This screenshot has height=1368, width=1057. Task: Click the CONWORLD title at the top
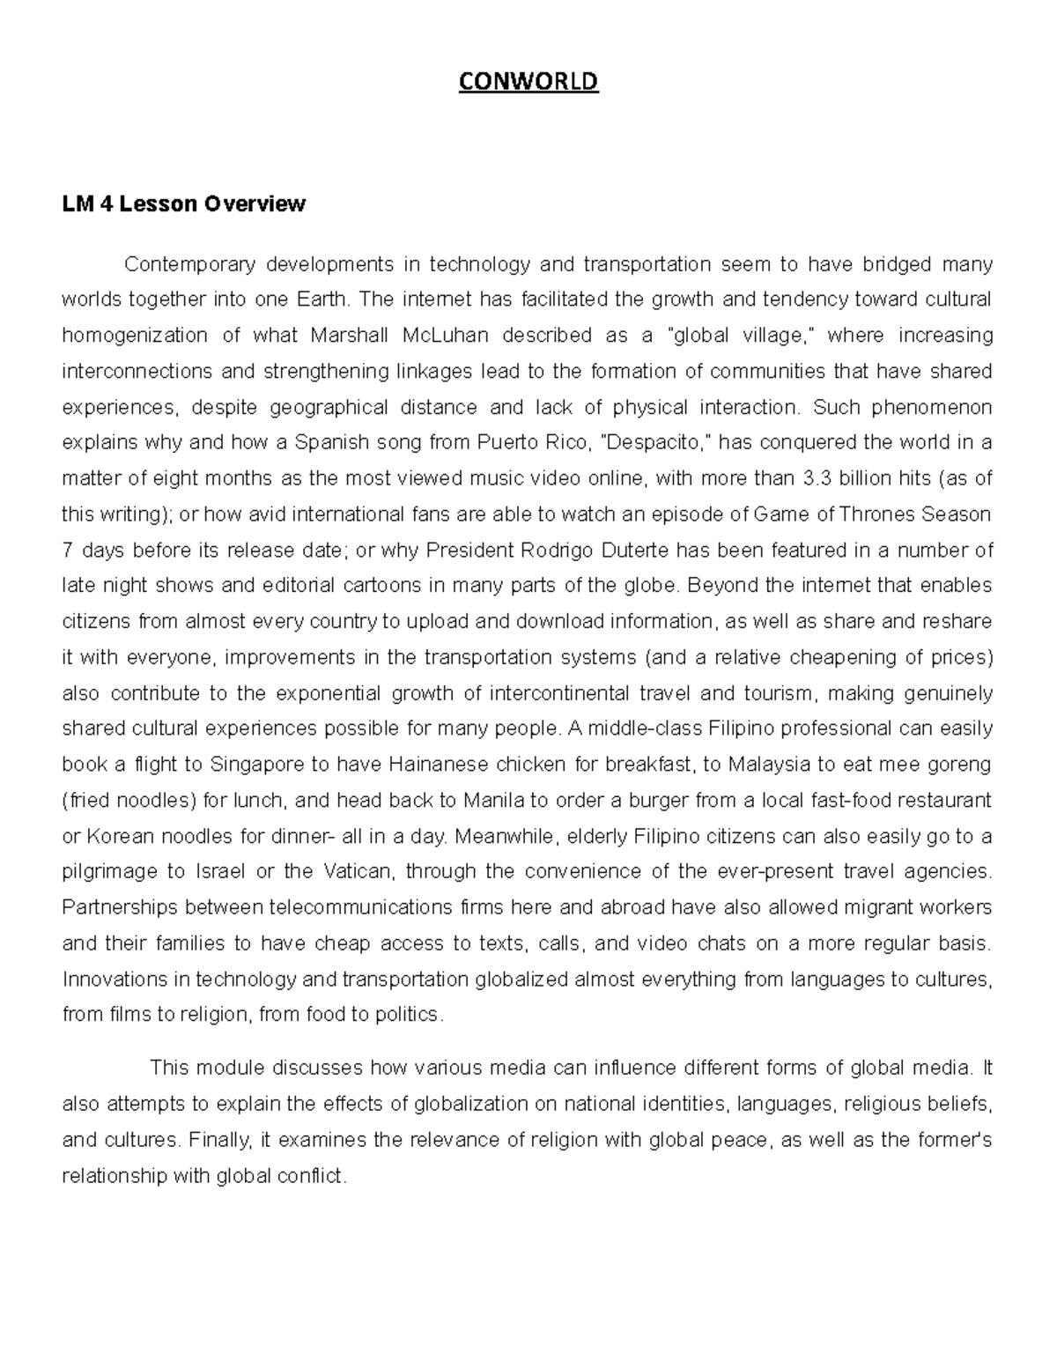(x=528, y=82)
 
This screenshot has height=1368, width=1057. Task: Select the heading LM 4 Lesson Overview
(x=183, y=204)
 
